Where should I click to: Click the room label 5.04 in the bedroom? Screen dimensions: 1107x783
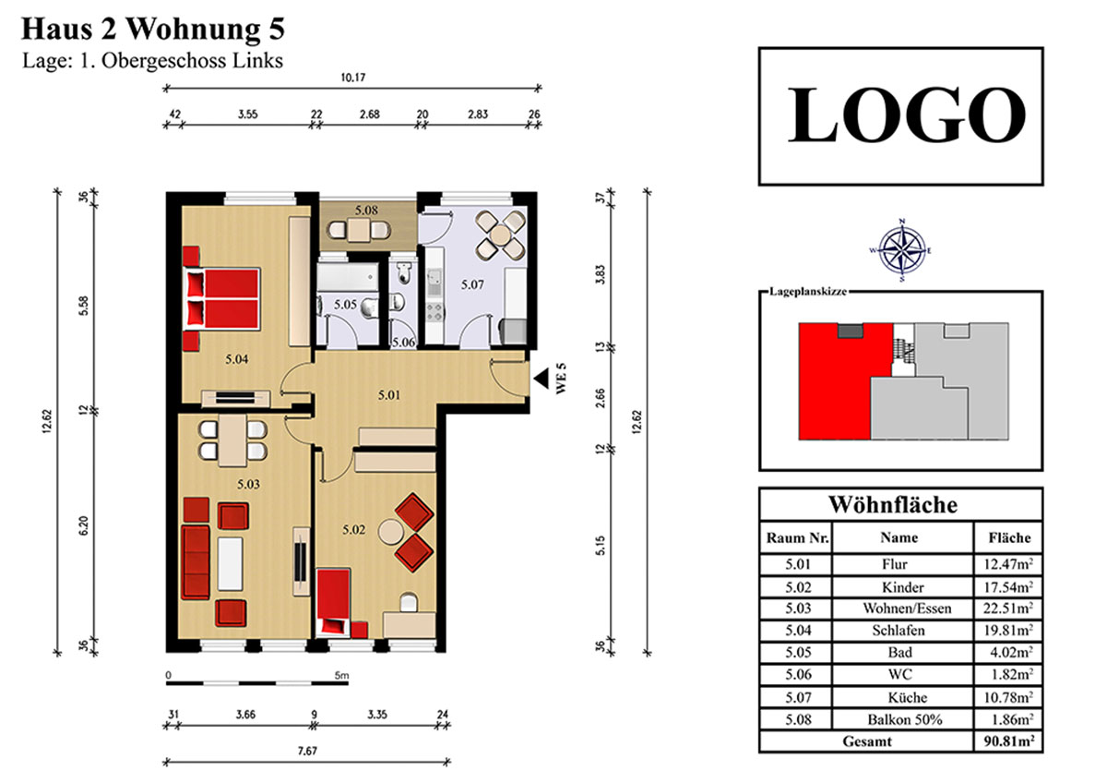point(237,359)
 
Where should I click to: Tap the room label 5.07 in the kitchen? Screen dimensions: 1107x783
point(472,284)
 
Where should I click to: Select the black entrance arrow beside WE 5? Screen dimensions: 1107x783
point(542,379)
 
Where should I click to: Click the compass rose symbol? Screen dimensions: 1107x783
point(902,251)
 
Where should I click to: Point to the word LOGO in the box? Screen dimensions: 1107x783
point(906,114)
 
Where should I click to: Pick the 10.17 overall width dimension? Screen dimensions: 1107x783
point(352,78)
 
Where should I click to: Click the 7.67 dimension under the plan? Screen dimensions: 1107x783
point(307,751)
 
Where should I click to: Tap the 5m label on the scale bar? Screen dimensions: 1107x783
point(341,675)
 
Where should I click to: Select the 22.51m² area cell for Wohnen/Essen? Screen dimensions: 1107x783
point(1008,608)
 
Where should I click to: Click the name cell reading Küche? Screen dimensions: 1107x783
point(908,697)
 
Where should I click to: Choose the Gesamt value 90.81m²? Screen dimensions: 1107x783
point(1008,741)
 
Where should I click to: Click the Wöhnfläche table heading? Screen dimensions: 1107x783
point(893,504)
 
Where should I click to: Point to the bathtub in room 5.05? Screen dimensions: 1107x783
point(348,276)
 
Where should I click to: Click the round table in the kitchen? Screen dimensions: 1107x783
point(500,235)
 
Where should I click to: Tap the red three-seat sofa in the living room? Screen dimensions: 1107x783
point(196,562)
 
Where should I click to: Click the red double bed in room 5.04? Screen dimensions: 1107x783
point(221,298)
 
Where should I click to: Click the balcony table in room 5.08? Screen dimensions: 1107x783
point(358,230)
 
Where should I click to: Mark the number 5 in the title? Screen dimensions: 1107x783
point(277,30)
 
